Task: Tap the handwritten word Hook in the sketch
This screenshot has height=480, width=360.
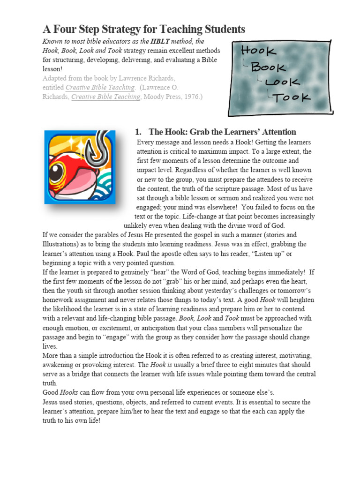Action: coord(255,51)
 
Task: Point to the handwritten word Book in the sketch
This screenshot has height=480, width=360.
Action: coord(269,67)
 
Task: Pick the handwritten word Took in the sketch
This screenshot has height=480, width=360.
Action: coord(293,97)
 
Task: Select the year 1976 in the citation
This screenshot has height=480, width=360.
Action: coord(192,97)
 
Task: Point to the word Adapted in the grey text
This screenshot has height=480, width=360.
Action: coord(55,78)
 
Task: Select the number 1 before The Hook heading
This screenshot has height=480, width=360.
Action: coord(137,132)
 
